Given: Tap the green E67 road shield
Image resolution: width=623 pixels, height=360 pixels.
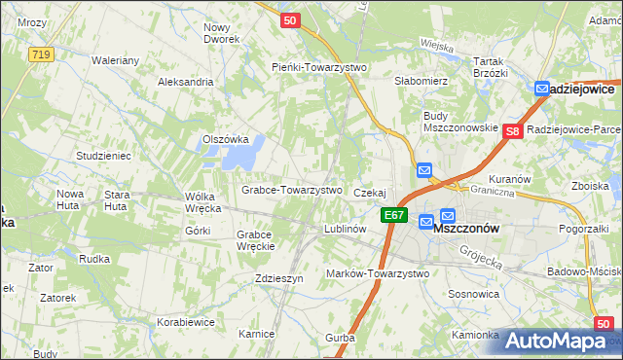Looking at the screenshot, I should [393, 215].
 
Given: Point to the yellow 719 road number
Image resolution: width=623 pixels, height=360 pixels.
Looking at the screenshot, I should [40, 54].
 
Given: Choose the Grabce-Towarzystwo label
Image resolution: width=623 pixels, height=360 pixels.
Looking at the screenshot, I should [291, 190].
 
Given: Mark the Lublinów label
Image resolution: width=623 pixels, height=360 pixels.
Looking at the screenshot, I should [344, 229].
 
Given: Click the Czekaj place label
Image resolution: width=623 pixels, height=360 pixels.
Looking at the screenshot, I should [370, 193].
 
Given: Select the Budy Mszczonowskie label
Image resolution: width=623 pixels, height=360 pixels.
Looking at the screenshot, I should [460, 122].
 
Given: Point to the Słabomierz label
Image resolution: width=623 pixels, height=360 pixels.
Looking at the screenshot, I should [420, 81].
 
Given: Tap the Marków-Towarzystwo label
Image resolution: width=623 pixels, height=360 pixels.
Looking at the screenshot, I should [378, 273].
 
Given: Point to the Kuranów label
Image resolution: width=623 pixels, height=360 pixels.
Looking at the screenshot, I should [509, 179].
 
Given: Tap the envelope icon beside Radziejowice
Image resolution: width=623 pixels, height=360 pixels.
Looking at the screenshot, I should [542, 89].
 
